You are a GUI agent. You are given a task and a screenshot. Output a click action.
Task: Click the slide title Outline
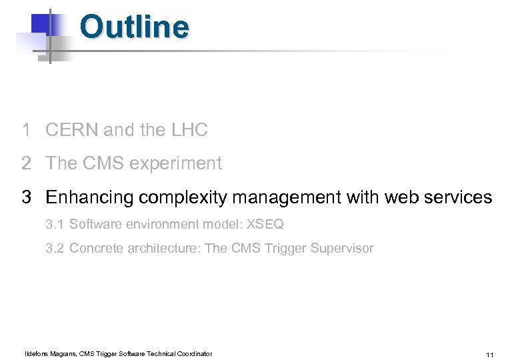(134, 27)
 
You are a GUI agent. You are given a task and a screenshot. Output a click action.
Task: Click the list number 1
(26, 130)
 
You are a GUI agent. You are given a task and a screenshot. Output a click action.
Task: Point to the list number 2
(26, 163)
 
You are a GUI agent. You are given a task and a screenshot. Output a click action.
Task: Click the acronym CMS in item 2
(103, 163)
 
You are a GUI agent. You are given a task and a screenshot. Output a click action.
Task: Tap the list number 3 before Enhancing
(26, 197)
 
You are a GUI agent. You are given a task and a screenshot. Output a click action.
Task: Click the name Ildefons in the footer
(39, 353)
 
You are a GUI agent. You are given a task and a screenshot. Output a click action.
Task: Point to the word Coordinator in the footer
(193, 353)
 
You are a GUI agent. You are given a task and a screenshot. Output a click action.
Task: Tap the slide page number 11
(490, 355)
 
